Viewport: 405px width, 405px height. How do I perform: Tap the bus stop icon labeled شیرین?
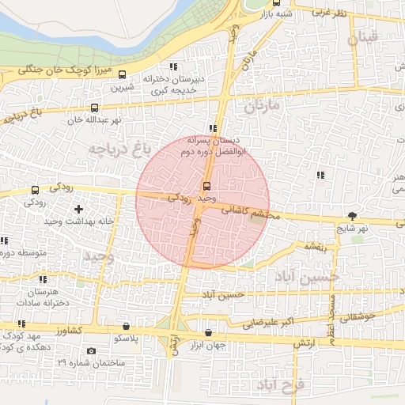[122, 75]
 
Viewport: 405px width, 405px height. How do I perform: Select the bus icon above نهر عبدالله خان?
[95, 108]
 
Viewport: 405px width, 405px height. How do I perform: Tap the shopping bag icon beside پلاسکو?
[127, 326]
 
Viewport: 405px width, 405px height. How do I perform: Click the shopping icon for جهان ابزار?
[208, 333]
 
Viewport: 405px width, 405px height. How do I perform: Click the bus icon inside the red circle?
[207, 186]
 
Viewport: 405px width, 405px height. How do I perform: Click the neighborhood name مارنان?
[262, 104]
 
